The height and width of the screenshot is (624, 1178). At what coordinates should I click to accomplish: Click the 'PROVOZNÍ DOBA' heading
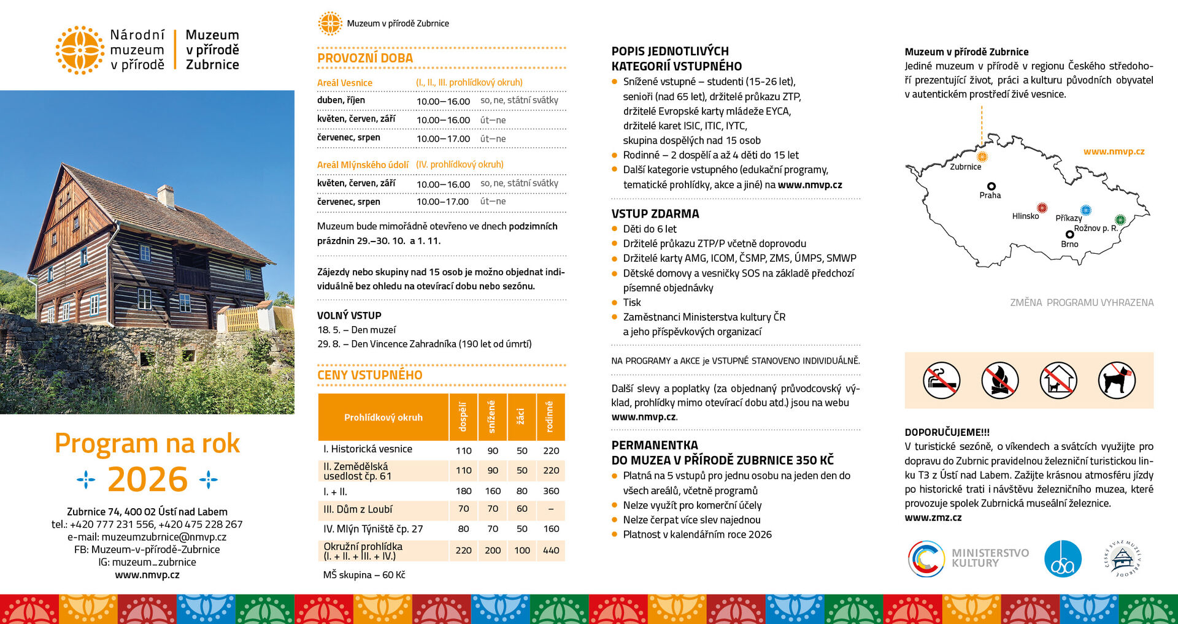pyautogui.click(x=365, y=58)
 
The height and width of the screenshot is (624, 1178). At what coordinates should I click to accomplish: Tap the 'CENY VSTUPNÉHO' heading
pyautogui.click(x=369, y=375)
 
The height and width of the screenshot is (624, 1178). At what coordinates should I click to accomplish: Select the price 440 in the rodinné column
pyautogui.click(x=551, y=550)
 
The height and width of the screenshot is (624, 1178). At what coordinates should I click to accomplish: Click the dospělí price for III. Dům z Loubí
pyautogui.click(x=463, y=509)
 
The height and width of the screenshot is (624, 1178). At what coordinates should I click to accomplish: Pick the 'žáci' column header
pyautogui.click(x=522, y=417)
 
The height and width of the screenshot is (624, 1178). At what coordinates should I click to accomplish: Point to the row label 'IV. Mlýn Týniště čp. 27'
pyautogui.click(x=373, y=529)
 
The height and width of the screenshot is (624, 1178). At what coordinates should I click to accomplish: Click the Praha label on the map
pyautogui.click(x=990, y=196)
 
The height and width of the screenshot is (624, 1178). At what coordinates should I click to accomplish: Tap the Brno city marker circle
pyautogui.click(x=1070, y=234)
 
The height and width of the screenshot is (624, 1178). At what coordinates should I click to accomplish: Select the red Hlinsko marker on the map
pyautogui.click(x=1041, y=208)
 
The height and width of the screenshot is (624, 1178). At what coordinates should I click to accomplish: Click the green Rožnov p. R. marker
pyautogui.click(x=1120, y=219)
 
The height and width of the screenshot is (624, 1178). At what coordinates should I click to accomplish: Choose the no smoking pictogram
pyautogui.click(x=941, y=380)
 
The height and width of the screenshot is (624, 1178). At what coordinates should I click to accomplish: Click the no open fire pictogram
pyautogui.click(x=1000, y=380)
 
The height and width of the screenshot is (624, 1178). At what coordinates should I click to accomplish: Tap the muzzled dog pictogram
pyautogui.click(x=1117, y=380)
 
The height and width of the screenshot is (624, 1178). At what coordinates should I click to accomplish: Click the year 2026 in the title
pyautogui.click(x=147, y=479)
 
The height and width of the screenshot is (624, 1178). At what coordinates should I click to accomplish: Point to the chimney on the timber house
pyautogui.click(x=166, y=196)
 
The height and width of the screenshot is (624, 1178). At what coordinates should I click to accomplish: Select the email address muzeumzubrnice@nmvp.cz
pyautogui.click(x=164, y=537)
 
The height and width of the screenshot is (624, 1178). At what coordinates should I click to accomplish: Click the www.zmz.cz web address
pyautogui.click(x=933, y=518)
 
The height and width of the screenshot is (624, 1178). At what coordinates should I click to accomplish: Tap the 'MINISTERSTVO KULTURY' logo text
pyautogui.click(x=990, y=558)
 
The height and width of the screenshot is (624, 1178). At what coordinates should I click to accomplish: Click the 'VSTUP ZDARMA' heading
pyautogui.click(x=655, y=214)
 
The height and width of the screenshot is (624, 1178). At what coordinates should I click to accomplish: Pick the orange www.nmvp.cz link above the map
pyautogui.click(x=1114, y=151)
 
